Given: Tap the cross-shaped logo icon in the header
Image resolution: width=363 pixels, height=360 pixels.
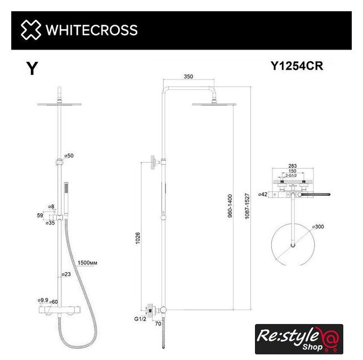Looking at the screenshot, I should pyautogui.click(x=30, y=30).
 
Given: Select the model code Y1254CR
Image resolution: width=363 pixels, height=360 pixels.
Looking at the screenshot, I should pyautogui.click(x=297, y=66).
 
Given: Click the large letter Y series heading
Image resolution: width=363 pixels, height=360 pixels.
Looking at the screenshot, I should pyautogui.click(x=33, y=69).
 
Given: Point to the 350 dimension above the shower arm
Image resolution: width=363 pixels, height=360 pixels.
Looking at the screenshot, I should pyautogui.click(x=189, y=76).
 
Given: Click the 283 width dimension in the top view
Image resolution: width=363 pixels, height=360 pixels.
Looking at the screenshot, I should pyautogui.click(x=292, y=166).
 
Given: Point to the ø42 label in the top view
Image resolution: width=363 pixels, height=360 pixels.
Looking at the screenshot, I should pyautogui.click(x=262, y=195).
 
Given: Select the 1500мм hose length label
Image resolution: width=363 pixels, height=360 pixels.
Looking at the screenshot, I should pyautogui.click(x=87, y=262).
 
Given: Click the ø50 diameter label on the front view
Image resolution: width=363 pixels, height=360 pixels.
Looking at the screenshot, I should pyautogui.click(x=69, y=155).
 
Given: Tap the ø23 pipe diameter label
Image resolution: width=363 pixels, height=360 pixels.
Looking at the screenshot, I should pyautogui.click(x=66, y=274).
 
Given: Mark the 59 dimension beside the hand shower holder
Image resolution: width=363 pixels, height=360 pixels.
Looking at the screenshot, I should pyautogui.click(x=41, y=214).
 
